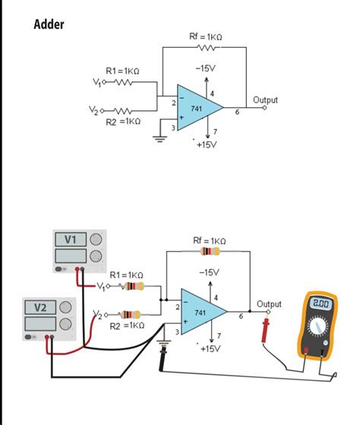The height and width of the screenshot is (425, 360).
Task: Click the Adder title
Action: pyautogui.click(x=49, y=24)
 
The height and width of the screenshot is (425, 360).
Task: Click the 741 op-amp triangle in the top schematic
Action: pyautogui.click(x=197, y=108)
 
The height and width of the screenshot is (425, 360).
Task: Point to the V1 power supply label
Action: pyautogui.click(x=71, y=239)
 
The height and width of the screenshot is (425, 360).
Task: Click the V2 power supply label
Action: pyautogui.click(x=40, y=307)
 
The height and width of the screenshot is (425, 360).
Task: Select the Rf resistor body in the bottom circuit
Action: pyautogui.click(x=209, y=252)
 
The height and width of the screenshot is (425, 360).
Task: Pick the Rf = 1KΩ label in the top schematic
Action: pyautogui.click(x=205, y=36)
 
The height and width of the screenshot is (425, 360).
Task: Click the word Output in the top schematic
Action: pyautogui.click(x=265, y=100)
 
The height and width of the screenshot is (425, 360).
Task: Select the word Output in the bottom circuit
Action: pyautogui.click(x=269, y=303)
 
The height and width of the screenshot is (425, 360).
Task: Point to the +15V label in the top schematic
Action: pyautogui.click(x=206, y=144)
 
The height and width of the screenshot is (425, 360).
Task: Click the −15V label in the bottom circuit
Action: pyautogui.click(x=208, y=271)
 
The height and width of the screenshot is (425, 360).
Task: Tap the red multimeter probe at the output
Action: pyautogui.click(x=266, y=331)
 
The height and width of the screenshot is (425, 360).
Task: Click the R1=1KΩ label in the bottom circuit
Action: pyautogui.click(x=126, y=274)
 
